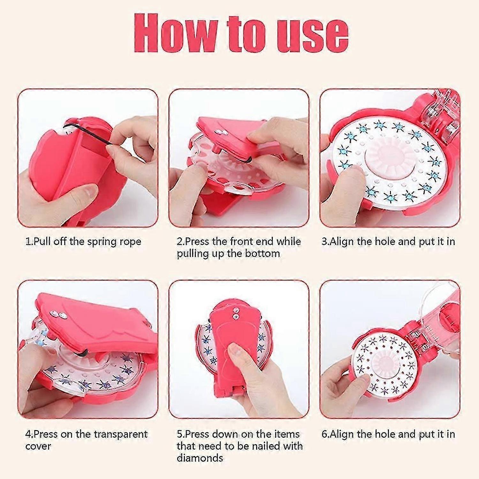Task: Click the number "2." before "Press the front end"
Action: [x=181, y=241]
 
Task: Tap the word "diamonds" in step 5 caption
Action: [x=200, y=458]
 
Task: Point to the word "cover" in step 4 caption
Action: [x=38, y=446]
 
